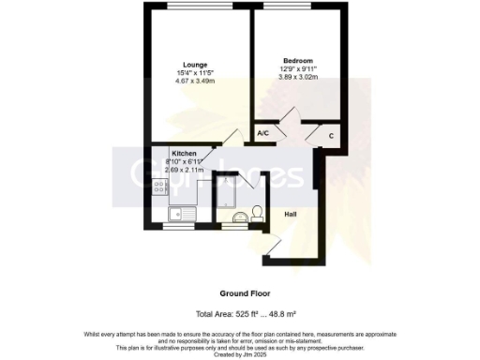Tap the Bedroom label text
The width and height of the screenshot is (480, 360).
[293, 58]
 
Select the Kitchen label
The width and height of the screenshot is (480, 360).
[184, 153]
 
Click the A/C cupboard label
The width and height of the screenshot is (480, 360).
[263, 134]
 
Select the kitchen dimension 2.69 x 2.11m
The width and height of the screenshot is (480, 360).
[190, 170]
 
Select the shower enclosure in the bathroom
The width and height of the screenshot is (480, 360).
[227, 191]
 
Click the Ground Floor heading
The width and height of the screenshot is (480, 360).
[239, 292]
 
